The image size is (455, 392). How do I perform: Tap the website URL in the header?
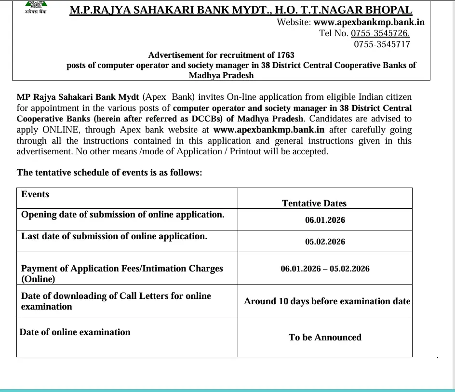[x=369, y=22]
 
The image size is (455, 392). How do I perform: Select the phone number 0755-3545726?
[x=380, y=33]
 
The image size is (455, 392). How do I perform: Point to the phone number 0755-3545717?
[x=382, y=44]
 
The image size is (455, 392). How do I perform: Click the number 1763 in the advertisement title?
[x=285, y=55]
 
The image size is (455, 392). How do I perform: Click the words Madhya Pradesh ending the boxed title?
[x=221, y=75]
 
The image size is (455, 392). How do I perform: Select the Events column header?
[x=35, y=194]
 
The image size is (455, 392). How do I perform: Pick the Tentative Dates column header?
[x=314, y=203]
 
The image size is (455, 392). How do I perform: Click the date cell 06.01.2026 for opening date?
[x=325, y=220]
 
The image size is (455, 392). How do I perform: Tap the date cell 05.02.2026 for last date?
[x=325, y=242]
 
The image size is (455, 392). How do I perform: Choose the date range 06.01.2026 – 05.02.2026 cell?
[x=325, y=269]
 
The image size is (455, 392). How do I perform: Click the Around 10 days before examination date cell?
[x=327, y=301]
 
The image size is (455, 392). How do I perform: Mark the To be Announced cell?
[x=325, y=338]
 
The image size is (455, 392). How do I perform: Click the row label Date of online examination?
[x=75, y=332]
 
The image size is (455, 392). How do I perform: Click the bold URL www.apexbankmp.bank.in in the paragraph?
[x=269, y=129]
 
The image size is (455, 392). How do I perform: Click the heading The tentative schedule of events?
[x=109, y=172]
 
